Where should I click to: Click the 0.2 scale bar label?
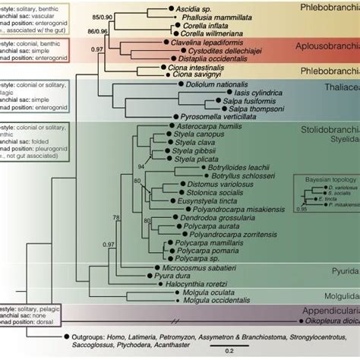(x=228, y=350)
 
